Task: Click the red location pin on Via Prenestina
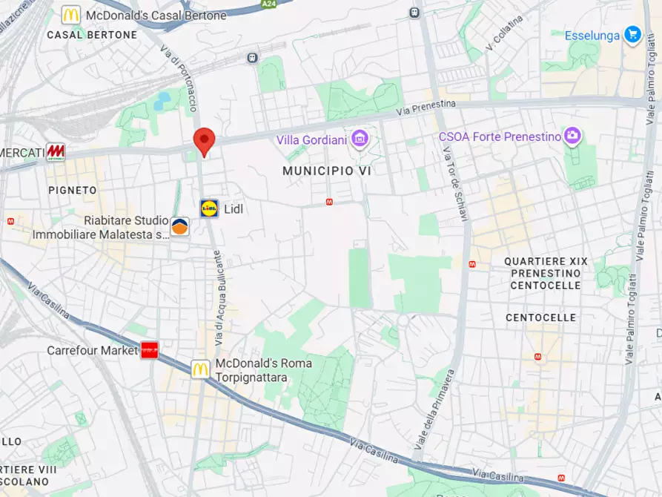coord(204,140)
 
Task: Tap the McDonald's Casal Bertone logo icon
coord(71,15)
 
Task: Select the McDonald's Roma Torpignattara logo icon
coord(200,369)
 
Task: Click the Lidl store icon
coord(210,208)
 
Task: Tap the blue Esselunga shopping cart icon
coord(632,35)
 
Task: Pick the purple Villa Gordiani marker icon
coord(360,138)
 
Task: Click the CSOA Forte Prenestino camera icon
coord(572,136)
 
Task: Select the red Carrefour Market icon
coord(150,350)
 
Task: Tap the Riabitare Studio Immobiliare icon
coord(179,226)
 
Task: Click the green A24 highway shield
coord(269,4)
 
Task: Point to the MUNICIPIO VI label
coord(326,171)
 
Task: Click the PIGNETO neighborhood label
coord(73,190)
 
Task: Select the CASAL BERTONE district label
coord(92,35)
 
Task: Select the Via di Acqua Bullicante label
coord(218,297)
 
